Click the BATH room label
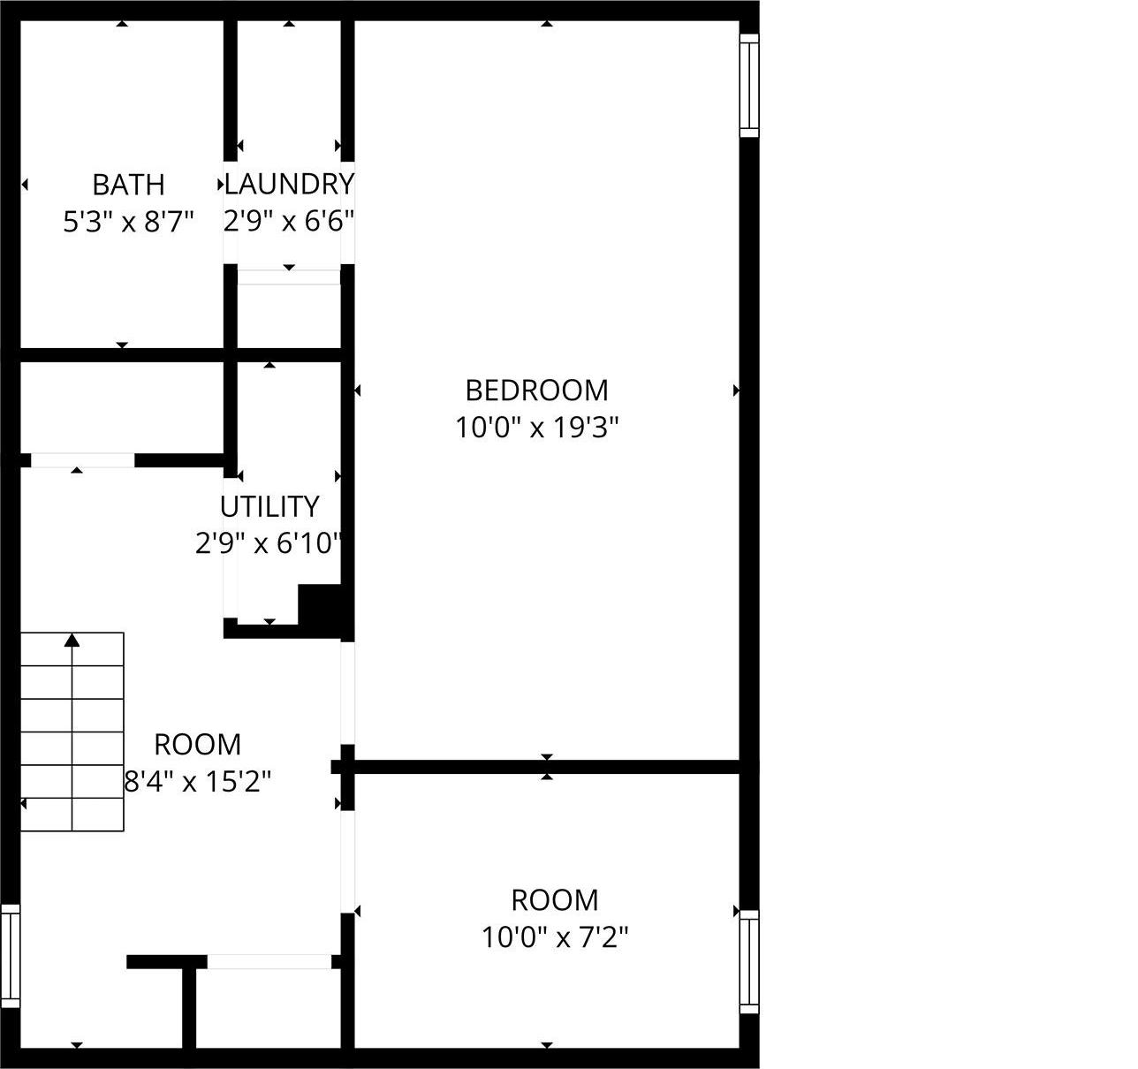pyautogui.click(x=128, y=185)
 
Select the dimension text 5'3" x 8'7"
pyautogui.click(x=128, y=222)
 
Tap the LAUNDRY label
pyautogui.click(x=289, y=184)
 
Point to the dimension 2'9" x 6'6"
pyautogui.click(x=289, y=221)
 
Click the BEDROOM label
pyautogui.click(x=536, y=390)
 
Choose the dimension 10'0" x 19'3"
pyautogui.click(x=536, y=428)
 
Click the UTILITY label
pyautogui.click(x=269, y=506)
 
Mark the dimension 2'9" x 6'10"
pyautogui.click(x=269, y=543)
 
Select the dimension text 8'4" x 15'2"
pyautogui.click(x=197, y=782)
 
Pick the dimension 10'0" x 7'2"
pyautogui.click(x=554, y=936)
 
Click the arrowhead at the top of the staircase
pyautogui.click(x=72, y=640)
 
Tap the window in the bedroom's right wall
pyautogui.click(x=748, y=86)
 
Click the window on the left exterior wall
pyautogui.click(x=10, y=955)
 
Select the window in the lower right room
pyautogui.click(x=748, y=961)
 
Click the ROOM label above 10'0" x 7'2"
pyautogui.click(x=554, y=899)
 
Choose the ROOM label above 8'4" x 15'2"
pyautogui.click(x=197, y=745)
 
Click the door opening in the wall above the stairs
pyautogui.click(x=82, y=460)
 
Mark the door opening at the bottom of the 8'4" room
pyautogui.click(x=269, y=962)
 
